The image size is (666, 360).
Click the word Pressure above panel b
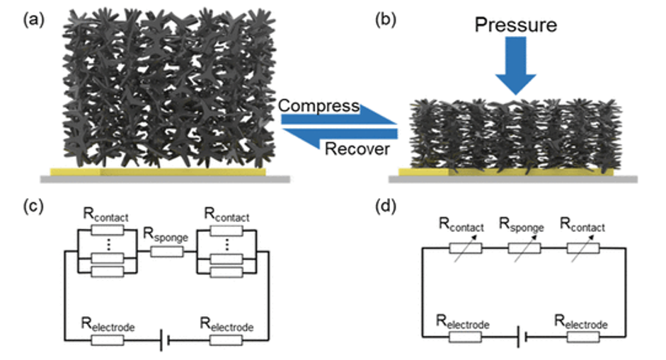click(x=516, y=25)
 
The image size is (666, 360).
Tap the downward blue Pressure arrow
click(x=516, y=65)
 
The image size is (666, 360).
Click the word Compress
click(x=319, y=106)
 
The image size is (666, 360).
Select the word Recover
click(x=357, y=149)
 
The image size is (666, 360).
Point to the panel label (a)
click(x=33, y=20)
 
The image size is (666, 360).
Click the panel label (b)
click(x=386, y=20)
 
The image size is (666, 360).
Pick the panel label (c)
click(x=33, y=206)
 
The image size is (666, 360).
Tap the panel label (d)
click(x=386, y=206)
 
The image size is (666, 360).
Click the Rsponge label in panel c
click(x=165, y=236)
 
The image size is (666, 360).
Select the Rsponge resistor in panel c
click(x=167, y=252)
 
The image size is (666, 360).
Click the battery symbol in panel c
click(x=165, y=340)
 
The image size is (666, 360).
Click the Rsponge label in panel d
click(x=521, y=225)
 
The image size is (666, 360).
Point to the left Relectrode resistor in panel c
click(x=108, y=340)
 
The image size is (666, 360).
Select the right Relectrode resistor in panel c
click(x=226, y=340)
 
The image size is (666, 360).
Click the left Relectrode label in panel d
click(x=463, y=323)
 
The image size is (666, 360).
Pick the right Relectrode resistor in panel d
click(x=583, y=337)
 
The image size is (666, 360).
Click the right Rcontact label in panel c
click(x=226, y=215)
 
